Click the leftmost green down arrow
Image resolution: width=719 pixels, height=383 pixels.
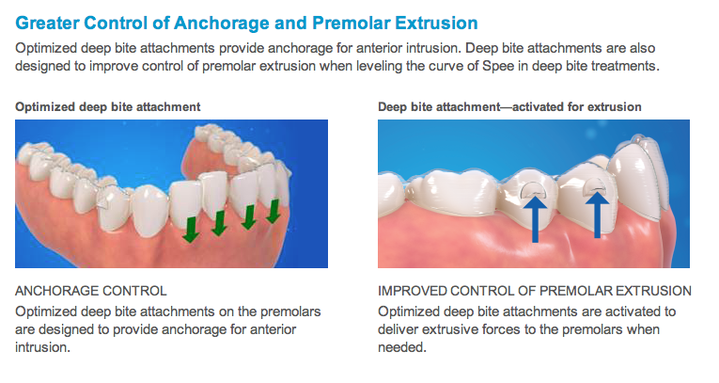pos(191,230)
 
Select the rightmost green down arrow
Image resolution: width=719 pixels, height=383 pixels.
pos(274,211)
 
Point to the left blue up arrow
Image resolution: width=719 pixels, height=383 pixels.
pos(535,217)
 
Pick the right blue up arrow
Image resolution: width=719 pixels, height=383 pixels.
pos(597,214)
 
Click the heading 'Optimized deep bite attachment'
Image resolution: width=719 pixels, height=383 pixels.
pos(108,107)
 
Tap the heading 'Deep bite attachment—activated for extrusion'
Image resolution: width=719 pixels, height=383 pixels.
pos(509,107)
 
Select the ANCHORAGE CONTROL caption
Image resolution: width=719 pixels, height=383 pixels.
pos(91,291)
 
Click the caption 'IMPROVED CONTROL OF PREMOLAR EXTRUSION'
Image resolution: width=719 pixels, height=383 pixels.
pos(535,291)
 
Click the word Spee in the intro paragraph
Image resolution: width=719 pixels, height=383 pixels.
pos(496,66)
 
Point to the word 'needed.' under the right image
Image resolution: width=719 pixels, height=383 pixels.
pos(402,347)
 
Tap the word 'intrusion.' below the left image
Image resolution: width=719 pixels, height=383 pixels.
pos(42,347)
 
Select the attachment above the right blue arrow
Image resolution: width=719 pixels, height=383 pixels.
pos(596,184)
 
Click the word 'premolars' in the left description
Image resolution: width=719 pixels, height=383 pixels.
pos(290,311)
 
